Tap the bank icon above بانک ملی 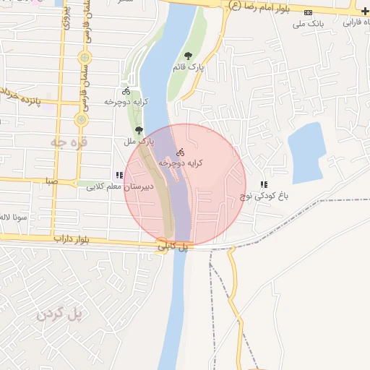click(x=309, y=12)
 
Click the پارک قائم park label click(x=188, y=66)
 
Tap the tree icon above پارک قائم click(x=189, y=56)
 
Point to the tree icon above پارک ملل click(x=139, y=130)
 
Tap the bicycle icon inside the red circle click(x=181, y=152)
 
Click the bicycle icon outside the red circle click(x=126, y=92)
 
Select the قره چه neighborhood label click(x=68, y=142)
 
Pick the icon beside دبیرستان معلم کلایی click(x=119, y=176)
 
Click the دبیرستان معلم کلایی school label click(x=118, y=187)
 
